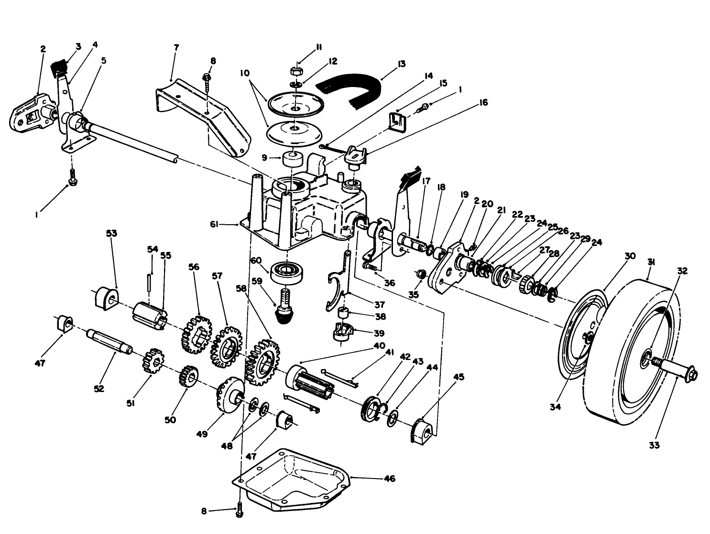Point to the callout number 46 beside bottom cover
(390, 478)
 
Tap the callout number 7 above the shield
(176, 48)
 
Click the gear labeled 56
(196, 335)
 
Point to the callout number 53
(111, 233)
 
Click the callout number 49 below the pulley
(202, 434)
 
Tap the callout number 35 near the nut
(413, 294)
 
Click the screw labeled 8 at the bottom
(240, 512)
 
